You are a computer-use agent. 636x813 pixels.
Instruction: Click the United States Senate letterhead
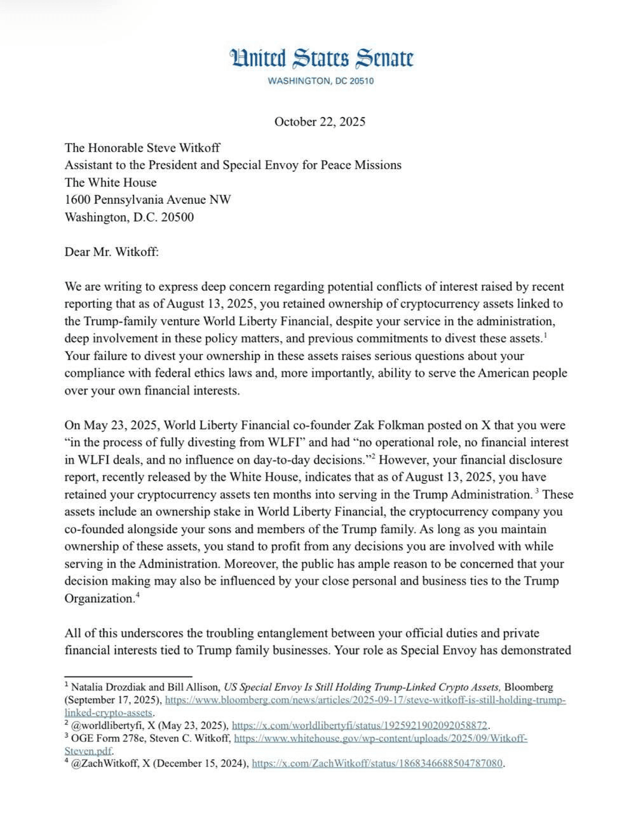[321, 58]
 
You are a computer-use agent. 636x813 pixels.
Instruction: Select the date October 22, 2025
[320, 122]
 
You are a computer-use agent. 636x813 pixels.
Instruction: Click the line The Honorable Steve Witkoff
[142, 148]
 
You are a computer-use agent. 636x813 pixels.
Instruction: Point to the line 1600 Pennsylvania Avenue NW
[147, 199]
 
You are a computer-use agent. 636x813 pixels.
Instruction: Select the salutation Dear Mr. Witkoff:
[111, 252]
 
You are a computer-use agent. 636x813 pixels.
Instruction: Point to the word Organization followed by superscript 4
[98, 598]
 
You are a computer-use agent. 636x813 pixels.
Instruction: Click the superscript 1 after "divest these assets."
[546, 334]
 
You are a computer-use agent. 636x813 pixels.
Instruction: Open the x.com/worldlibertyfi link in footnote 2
[360, 725]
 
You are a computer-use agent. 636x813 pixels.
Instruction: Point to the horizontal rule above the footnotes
[128, 676]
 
